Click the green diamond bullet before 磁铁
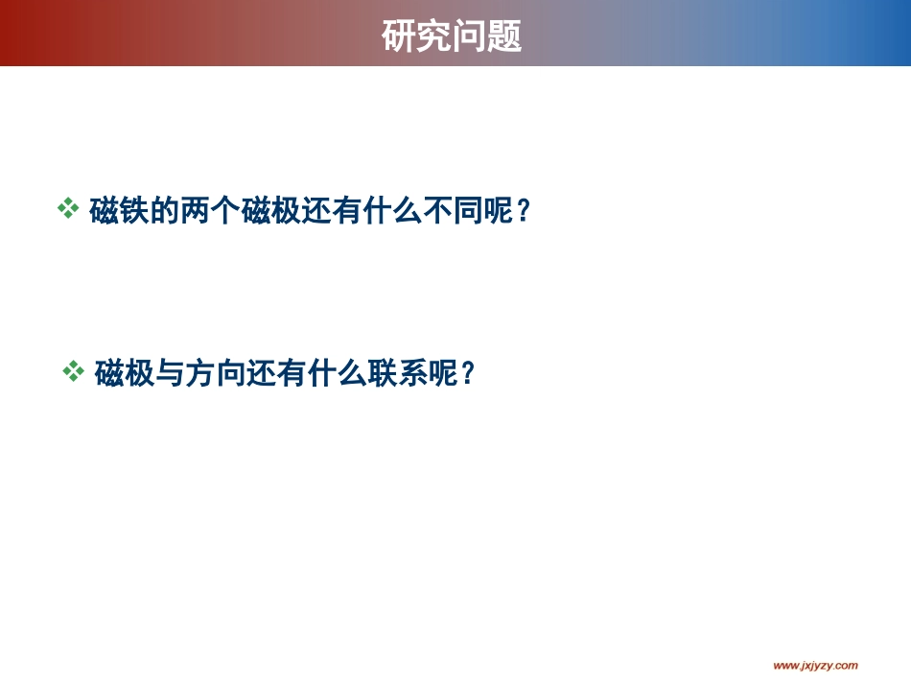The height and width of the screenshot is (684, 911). click(x=68, y=208)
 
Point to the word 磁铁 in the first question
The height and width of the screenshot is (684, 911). click(x=120, y=211)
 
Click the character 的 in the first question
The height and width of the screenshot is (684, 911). click(x=165, y=211)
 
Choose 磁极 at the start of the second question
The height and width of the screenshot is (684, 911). click(x=125, y=374)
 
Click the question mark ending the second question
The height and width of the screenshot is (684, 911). click(x=468, y=374)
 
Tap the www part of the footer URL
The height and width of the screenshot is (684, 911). click(x=785, y=665)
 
